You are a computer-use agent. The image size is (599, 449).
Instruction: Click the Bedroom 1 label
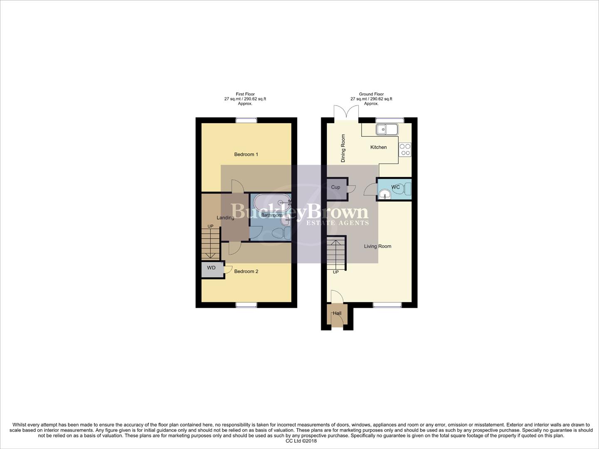(246, 154)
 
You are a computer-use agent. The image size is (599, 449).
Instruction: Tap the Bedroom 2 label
(246, 271)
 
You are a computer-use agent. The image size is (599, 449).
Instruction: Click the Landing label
(225, 218)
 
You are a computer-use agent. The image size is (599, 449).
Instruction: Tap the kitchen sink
(387, 129)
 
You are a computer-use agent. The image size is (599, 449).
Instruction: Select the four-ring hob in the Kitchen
(405, 150)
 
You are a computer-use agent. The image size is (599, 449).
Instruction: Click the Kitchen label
(378, 147)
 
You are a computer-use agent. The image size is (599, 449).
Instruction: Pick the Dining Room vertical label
(343, 148)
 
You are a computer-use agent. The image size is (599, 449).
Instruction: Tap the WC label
(395, 187)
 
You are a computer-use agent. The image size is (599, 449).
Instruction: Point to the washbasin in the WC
(385, 194)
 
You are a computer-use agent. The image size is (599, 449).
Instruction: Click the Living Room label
(377, 246)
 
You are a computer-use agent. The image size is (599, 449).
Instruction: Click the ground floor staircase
(336, 253)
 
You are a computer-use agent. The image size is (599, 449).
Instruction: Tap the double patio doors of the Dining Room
(346, 113)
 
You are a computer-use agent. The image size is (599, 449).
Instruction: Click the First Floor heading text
(245, 94)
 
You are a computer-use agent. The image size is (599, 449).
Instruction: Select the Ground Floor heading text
(371, 94)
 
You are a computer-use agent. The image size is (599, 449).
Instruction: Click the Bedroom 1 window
(246, 120)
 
